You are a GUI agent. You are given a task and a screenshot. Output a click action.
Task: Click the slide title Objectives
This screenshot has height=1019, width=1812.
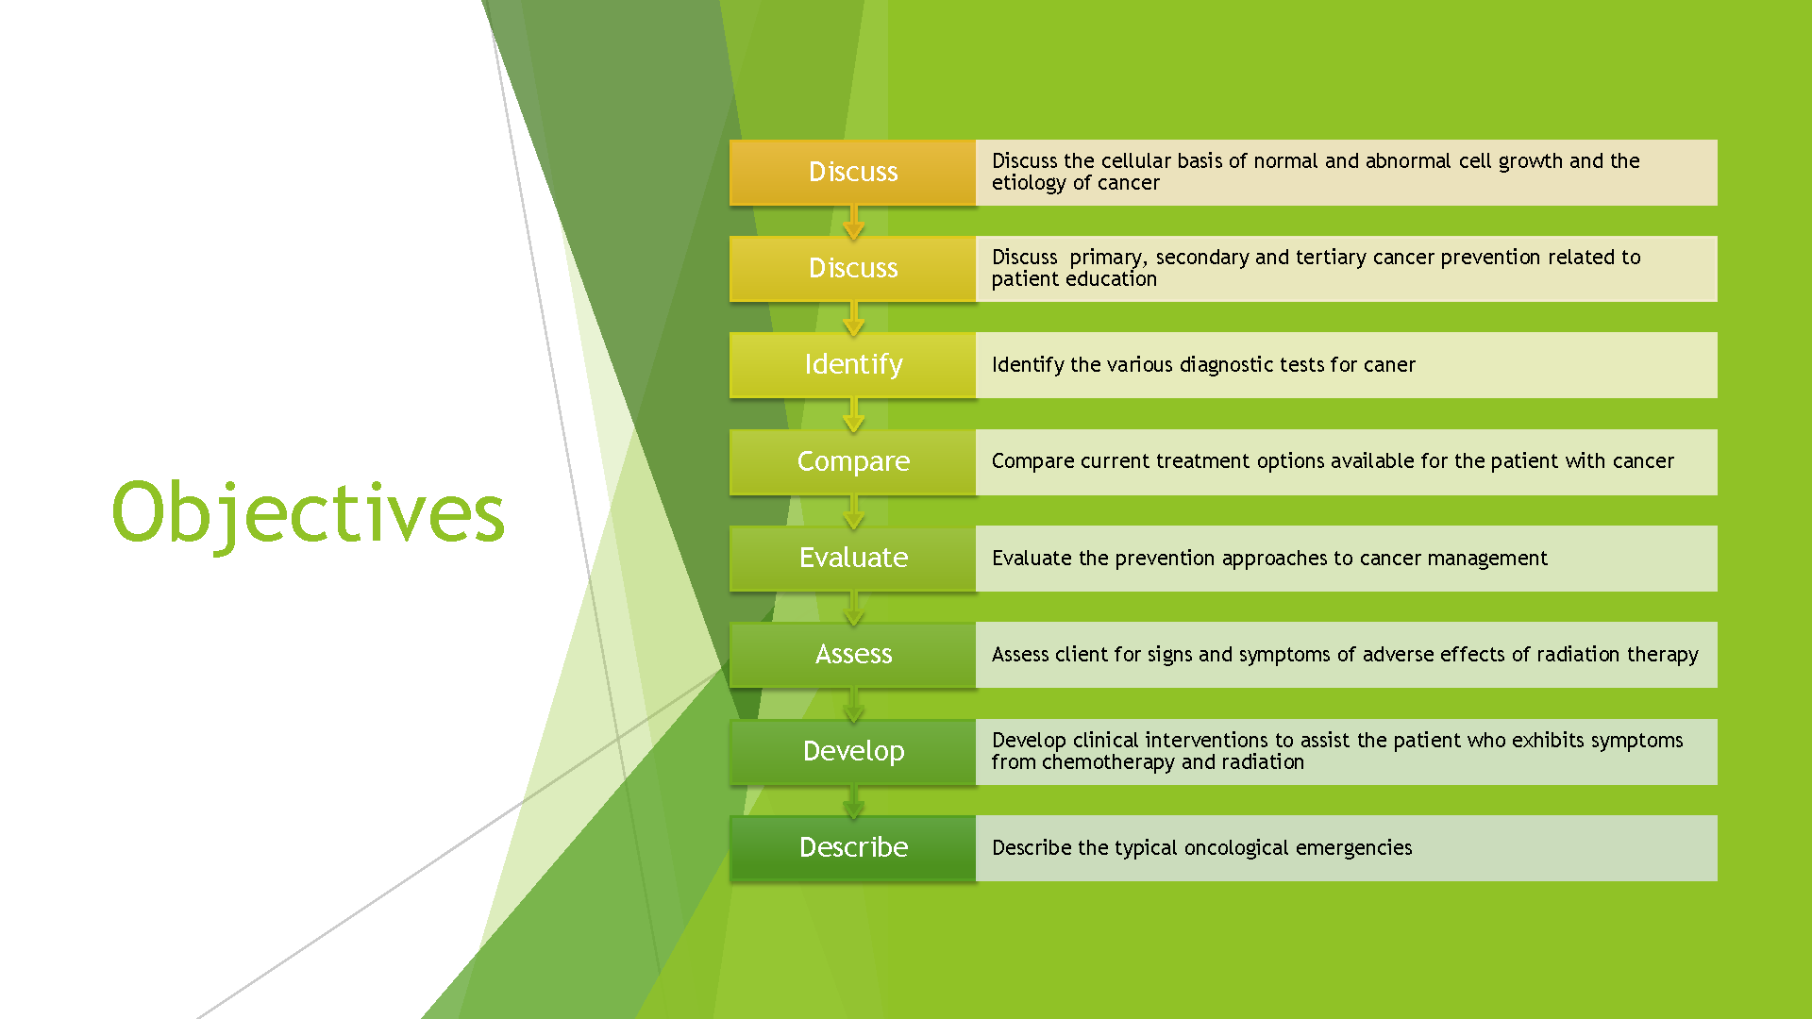point(309,513)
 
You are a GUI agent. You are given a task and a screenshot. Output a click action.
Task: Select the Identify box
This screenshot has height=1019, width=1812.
point(853,365)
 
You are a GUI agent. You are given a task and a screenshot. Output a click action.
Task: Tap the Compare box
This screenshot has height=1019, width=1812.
point(853,461)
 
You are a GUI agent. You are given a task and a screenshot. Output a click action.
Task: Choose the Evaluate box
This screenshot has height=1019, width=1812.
point(853,559)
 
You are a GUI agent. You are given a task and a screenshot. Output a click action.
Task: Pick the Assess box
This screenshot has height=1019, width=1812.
point(853,655)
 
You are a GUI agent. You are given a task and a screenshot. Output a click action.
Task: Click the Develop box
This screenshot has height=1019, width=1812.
point(853,752)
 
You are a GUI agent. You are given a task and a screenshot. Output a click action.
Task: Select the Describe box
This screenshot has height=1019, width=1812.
point(853,848)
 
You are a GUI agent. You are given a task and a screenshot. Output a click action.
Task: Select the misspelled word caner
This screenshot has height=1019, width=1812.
point(1389,365)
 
